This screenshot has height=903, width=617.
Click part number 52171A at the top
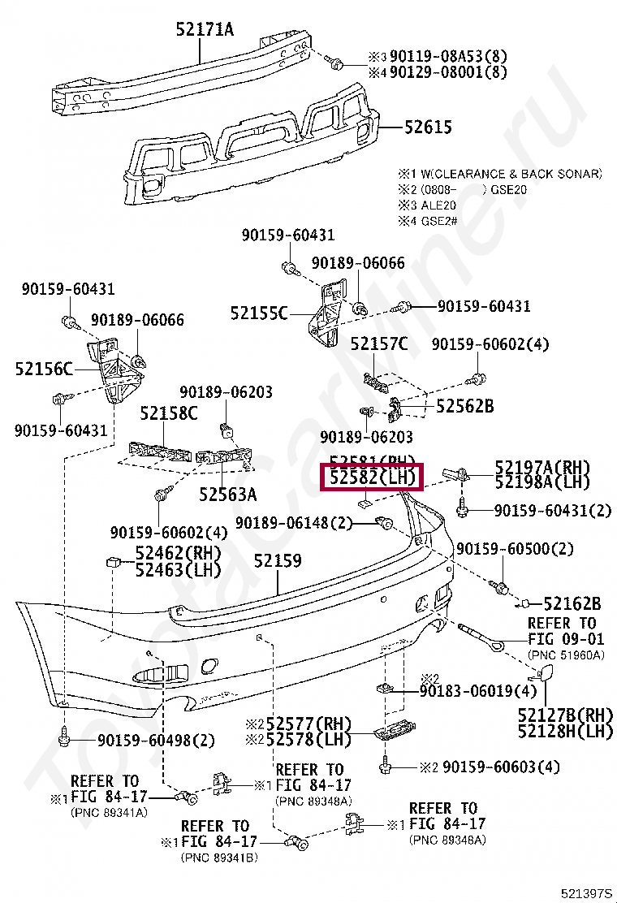(204, 30)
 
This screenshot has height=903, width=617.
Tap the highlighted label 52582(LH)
(373, 478)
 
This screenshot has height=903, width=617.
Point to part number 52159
(278, 561)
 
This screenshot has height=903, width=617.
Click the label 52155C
(258, 312)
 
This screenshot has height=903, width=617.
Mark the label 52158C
(168, 413)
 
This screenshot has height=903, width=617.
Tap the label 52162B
(572, 603)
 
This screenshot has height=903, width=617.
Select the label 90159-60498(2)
(156, 740)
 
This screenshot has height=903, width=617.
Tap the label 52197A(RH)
(541, 467)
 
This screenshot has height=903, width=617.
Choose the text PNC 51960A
(567, 654)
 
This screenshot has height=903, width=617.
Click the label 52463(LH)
(178, 570)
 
